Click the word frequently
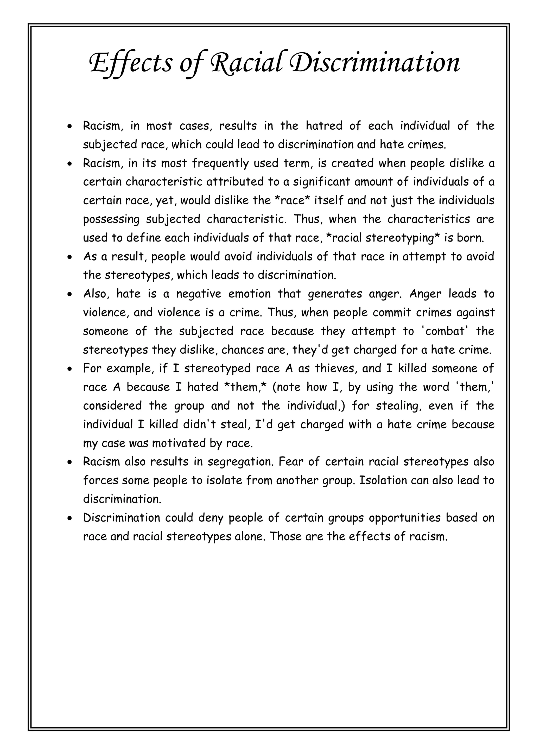point(220,163)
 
